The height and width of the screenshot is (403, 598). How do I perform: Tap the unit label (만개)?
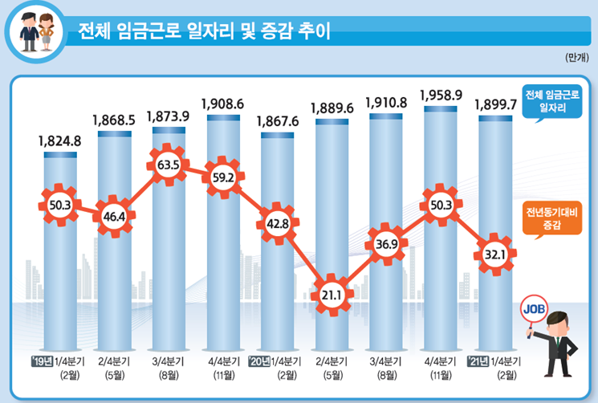[576, 59]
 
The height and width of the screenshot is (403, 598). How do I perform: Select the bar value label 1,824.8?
[60, 142]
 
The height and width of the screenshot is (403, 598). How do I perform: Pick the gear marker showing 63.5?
[169, 165]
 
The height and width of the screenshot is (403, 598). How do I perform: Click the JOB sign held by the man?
[534, 307]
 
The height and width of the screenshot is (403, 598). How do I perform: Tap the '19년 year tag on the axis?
[41, 360]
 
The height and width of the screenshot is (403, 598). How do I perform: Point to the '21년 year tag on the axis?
[477, 360]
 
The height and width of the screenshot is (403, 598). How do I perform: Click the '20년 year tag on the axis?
[259, 360]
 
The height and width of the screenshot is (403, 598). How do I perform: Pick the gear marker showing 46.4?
[114, 215]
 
